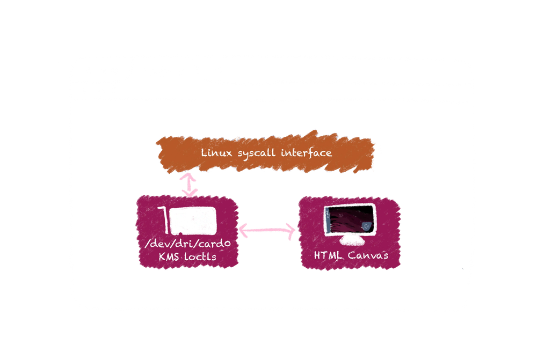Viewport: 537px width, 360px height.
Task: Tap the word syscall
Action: click(x=257, y=153)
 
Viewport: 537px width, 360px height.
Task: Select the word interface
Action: click(x=307, y=152)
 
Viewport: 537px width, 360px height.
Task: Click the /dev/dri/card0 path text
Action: click(x=187, y=243)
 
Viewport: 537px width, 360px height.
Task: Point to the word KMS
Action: click(x=169, y=256)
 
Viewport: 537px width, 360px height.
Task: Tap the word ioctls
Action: click(x=200, y=256)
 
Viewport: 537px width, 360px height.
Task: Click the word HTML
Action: click(x=328, y=255)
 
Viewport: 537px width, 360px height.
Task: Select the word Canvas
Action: click(x=368, y=255)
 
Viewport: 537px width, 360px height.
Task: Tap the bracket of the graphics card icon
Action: click(x=165, y=221)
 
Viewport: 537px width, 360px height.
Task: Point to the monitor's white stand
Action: click(x=351, y=241)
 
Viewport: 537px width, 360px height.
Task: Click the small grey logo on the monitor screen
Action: click(x=366, y=226)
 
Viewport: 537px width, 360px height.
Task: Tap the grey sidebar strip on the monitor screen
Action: click(x=328, y=221)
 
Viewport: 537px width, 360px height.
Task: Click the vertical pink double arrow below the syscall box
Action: click(x=189, y=185)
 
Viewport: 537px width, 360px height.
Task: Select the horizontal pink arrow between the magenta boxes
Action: click(x=267, y=230)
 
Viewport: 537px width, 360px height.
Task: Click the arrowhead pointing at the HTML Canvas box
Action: click(x=291, y=231)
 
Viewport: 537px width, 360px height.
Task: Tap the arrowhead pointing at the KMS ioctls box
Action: click(x=243, y=230)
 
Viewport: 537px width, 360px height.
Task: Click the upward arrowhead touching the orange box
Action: click(x=188, y=177)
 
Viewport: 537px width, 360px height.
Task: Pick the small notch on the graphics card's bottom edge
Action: click(x=180, y=234)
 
